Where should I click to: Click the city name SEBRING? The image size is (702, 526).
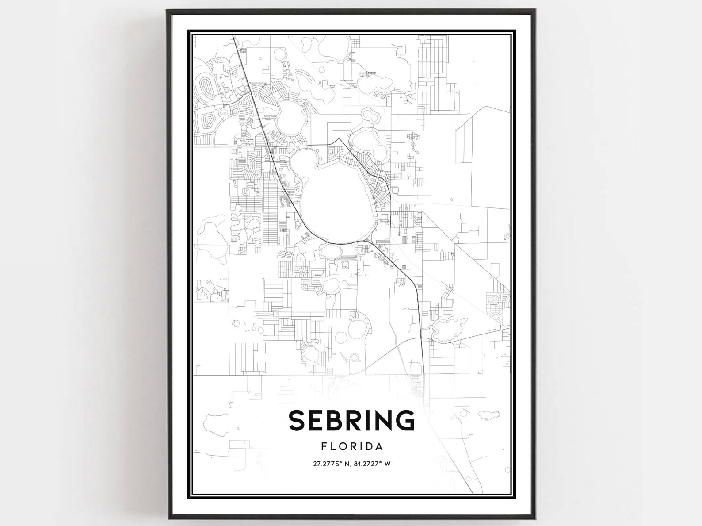coord(352,420)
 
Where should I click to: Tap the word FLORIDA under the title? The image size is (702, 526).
coord(352,446)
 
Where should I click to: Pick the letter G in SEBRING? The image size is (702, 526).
coord(405,420)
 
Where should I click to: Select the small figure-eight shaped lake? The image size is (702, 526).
coord(370,116)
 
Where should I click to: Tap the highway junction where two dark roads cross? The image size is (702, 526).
coord(422,339)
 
